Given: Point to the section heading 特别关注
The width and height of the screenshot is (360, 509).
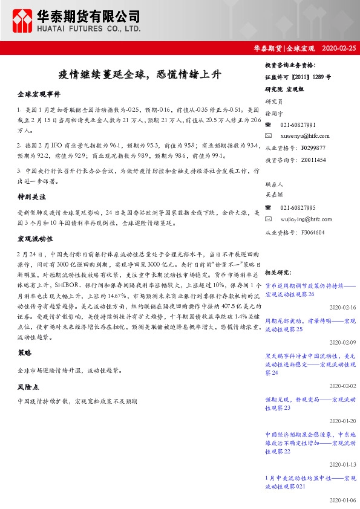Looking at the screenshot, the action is pos(31,197).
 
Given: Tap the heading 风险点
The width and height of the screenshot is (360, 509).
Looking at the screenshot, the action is pos(28,385).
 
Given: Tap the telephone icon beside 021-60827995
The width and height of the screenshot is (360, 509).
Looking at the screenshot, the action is pos(269,207).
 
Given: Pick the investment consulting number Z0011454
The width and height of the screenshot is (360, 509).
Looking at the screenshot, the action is pos(312,160).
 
